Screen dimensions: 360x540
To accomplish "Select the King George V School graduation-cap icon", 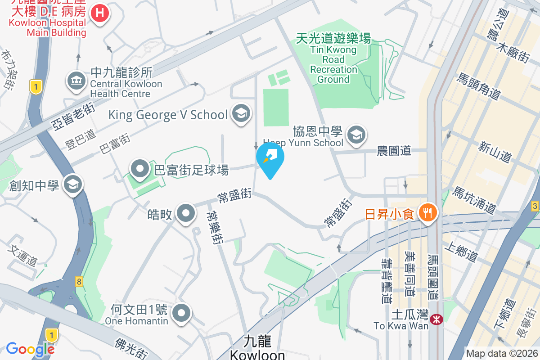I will (241, 114).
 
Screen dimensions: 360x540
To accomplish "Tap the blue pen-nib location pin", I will (270, 158).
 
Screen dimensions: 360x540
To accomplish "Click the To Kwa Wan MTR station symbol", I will (436, 319).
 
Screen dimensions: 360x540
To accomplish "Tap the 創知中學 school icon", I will (72, 184).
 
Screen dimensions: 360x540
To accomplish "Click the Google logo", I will (31, 349).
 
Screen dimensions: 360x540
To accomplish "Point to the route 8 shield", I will (79, 282).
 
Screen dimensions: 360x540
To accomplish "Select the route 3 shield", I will (535, 206).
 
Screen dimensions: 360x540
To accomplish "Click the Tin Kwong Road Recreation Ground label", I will (333, 59).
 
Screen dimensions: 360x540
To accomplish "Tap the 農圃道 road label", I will (394, 151).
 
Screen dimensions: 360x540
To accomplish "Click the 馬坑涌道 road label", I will (475, 200).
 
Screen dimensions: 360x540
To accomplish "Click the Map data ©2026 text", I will (502, 354).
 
